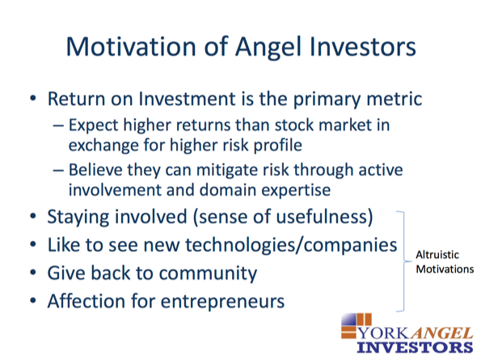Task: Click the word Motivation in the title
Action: (x=131, y=47)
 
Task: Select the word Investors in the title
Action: (x=363, y=47)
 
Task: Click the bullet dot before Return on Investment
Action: (x=33, y=99)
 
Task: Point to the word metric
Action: (x=395, y=99)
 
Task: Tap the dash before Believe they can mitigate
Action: (x=58, y=171)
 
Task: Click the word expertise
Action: (x=296, y=190)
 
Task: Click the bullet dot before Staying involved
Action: (x=33, y=216)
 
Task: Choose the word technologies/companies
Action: (x=291, y=245)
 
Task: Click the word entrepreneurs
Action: (x=222, y=302)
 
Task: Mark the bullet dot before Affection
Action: (x=33, y=301)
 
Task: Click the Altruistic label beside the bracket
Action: (x=437, y=255)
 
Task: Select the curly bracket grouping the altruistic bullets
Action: (x=403, y=261)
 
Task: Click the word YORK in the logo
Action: (x=384, y=333)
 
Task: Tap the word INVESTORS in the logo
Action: (x=415, y=347)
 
